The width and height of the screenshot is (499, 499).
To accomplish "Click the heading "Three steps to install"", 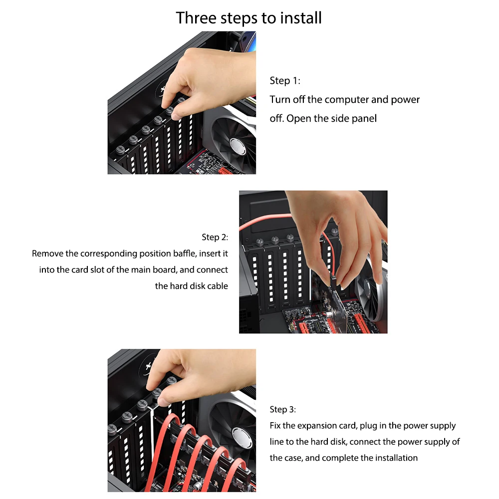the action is (249, 18).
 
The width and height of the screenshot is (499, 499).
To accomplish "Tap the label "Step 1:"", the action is (285, 81).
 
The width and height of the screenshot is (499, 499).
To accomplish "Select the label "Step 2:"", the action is (215, 238).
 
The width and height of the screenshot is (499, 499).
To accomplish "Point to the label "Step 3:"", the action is (282, 410).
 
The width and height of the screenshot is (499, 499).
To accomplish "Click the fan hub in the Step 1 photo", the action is (238, 146).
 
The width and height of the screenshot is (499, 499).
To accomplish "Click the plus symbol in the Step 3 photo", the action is (148, 366).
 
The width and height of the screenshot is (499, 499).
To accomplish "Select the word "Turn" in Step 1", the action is (280, 100).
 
